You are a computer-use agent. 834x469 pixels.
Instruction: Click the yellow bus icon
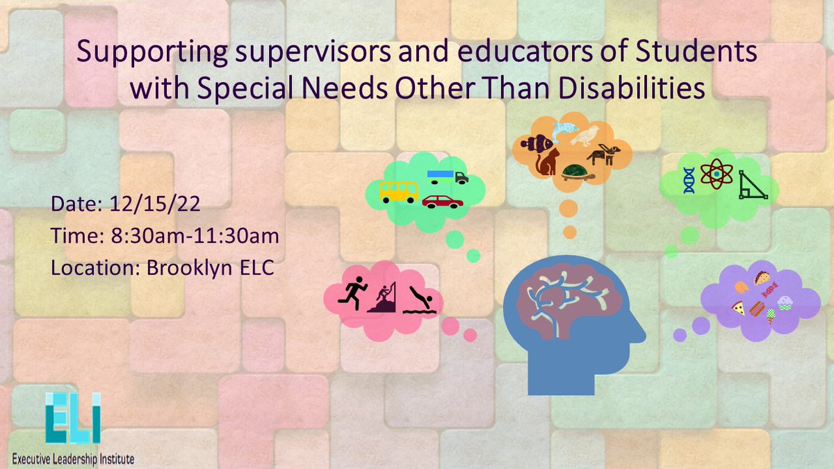tap(398, 192)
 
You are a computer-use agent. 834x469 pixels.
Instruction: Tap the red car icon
tap(443, 201)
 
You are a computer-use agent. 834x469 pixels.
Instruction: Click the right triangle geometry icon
tap(753, 186)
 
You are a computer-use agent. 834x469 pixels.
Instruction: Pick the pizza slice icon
tap(738, 308)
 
